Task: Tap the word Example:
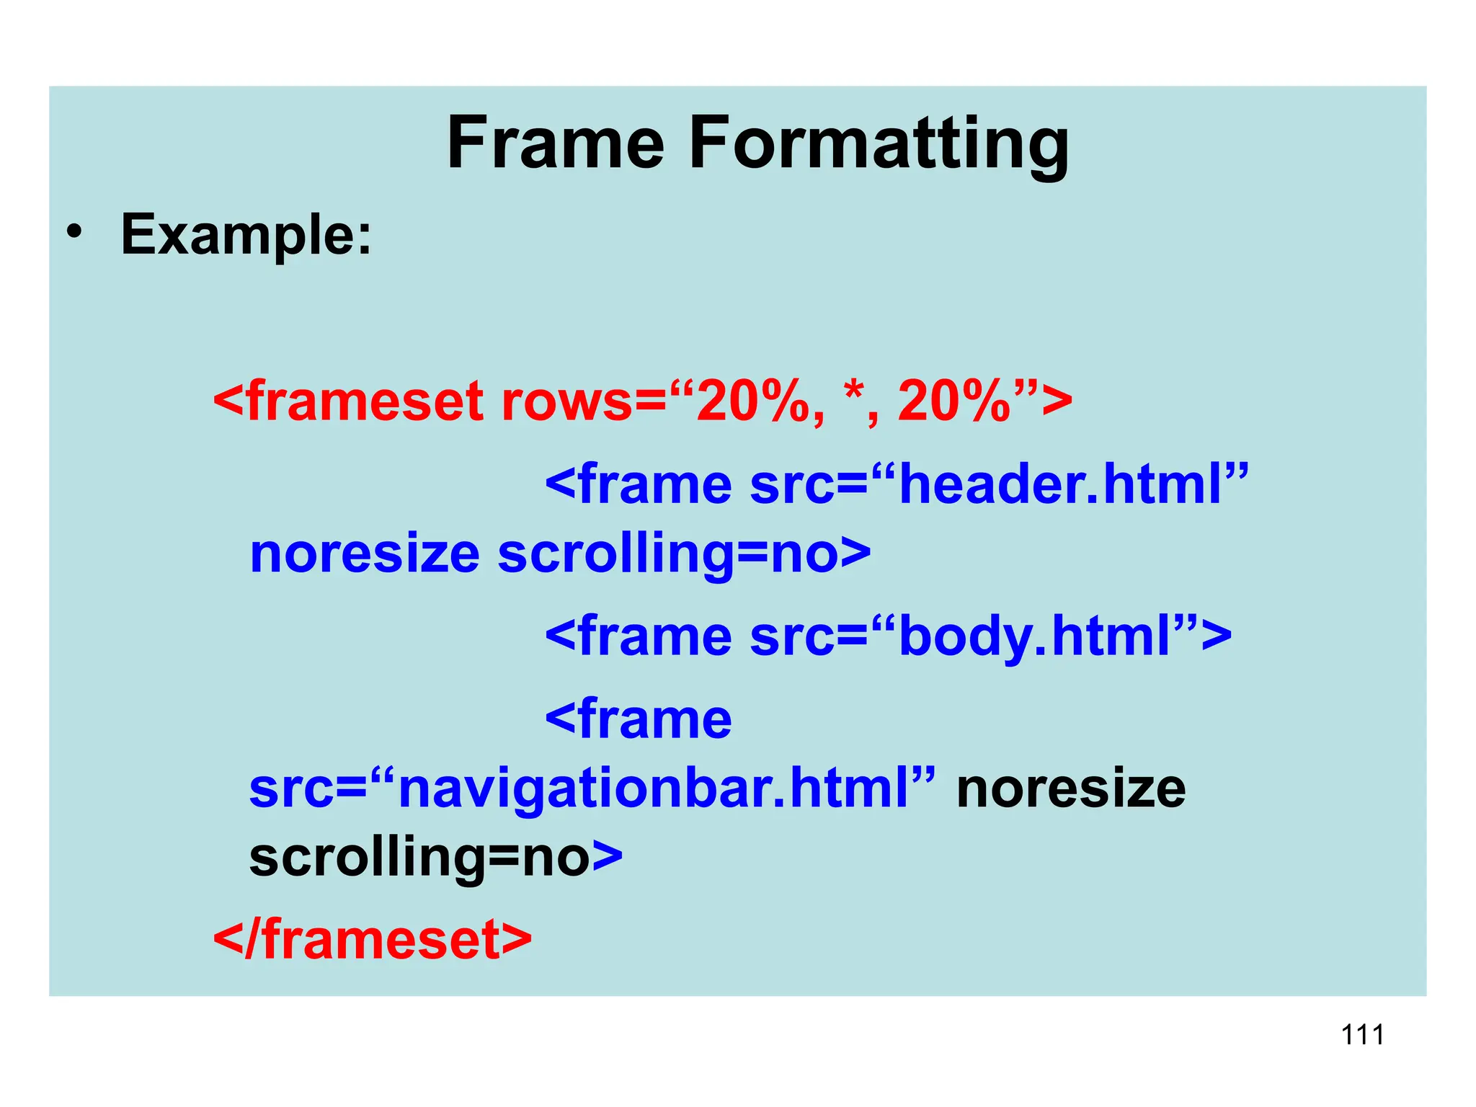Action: (x=246, y=234)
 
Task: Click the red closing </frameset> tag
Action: (x=372, y=940)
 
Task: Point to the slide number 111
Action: (x=1362, y=1035)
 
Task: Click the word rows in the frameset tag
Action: (x=566, y=401)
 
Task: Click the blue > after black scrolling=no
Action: (x=608, y=857)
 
